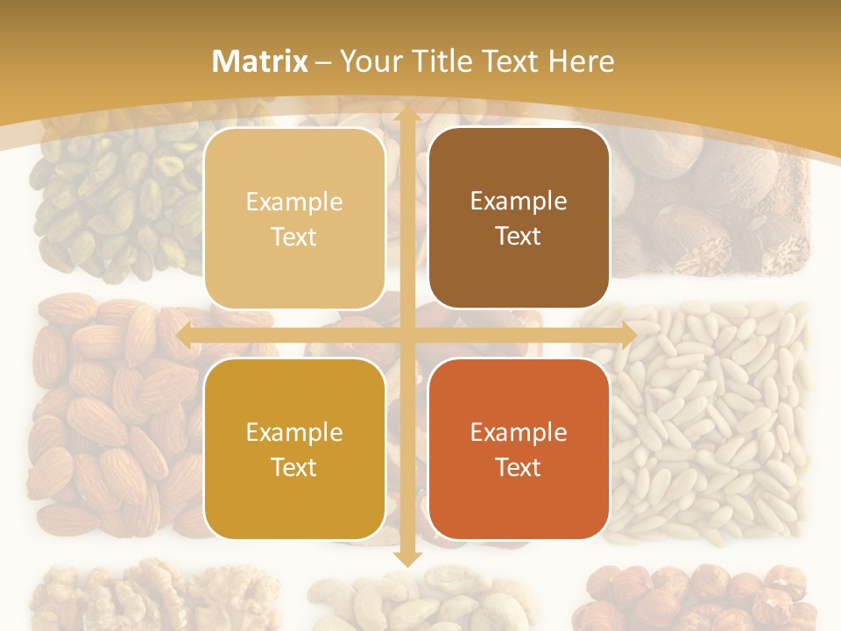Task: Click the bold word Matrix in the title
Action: pyautogui.click(x=260, y=60)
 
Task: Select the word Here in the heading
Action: pyautogui.click(x=581, y=60)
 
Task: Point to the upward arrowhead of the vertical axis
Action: pyautogui.click(x=406, y=114)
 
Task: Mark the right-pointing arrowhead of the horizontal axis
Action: pyautogui.click(x=628, y=335)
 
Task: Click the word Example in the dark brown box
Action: pyautogui.click(x=519, y=201)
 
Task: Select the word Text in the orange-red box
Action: pyautogui.click(x=519, y=467)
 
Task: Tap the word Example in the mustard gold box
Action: pyautogui.click(x=294, y=432)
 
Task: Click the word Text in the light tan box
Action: pyautogui.click(x=294, y=237)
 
